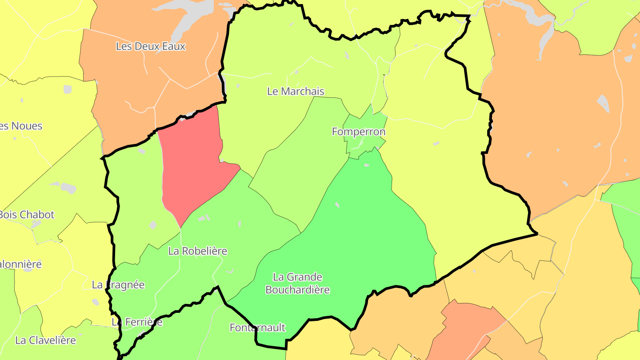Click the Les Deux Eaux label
point(150,46)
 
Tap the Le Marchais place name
point(296,92)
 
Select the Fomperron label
point(359,132)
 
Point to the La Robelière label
point(197,251)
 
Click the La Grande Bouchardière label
point(297,284)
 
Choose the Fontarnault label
point(257,328)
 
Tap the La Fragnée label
point(118,285)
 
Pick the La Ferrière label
point(137,322)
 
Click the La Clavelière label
point(45,340)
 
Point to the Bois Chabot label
point(27,215)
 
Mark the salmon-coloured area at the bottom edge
point(462,329)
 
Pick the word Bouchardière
point(297,290)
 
